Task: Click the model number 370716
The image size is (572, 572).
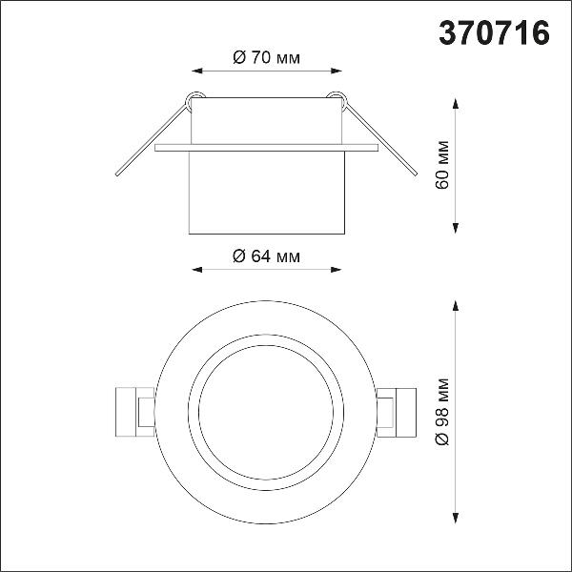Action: (x=494, y=32)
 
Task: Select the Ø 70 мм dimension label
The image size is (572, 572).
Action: (x=267, y=57)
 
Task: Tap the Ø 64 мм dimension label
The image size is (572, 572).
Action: (x=267, y=256)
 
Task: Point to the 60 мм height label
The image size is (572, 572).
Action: (x=442, y=165)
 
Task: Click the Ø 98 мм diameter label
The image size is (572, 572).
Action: (x=442, y=412)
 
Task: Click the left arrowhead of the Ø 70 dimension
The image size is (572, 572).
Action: (x=197, y=71)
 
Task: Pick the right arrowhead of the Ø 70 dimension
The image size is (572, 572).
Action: (x=337, y=71)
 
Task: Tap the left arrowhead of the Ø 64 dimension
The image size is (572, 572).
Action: (x=197, y=270)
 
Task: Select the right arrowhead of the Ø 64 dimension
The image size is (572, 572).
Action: (x=336, y=270)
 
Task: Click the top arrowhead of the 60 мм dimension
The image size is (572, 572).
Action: (x=456, y=104)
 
